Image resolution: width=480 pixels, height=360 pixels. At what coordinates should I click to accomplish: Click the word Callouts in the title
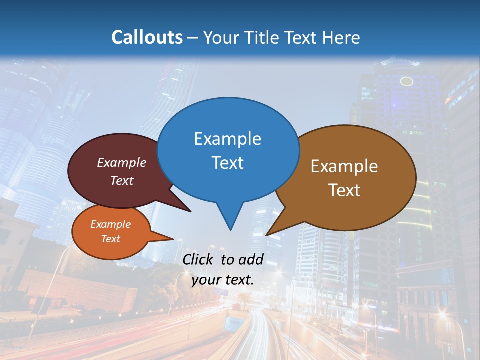point(147,37)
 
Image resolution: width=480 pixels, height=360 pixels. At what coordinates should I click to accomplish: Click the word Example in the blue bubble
point(227,139)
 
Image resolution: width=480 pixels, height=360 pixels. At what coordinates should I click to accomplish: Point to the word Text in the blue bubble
point(227,163)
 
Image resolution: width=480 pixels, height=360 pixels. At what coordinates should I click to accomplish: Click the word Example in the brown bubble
point(344,166)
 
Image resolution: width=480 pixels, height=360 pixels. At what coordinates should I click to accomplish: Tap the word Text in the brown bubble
point(344,190)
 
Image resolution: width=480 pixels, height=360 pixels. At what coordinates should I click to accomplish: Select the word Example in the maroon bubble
point(122,163)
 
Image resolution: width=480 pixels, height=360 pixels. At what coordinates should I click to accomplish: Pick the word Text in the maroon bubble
point(122,180)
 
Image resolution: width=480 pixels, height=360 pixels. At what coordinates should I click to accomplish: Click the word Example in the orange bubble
point(110,224)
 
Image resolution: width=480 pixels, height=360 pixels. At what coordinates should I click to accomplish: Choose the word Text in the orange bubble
point(110,239)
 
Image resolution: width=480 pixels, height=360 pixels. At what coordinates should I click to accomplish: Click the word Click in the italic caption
point(199,259)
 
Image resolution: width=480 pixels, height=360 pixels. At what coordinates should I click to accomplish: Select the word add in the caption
point(251,259)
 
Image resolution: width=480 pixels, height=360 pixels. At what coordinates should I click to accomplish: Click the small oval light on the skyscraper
point(407,81)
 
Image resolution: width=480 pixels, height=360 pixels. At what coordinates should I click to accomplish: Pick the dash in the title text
point(193,38)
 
